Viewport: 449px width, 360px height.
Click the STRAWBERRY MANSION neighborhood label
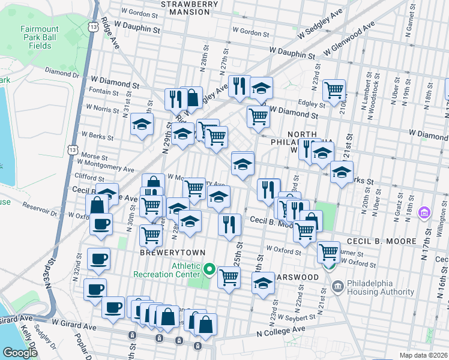[x=189, y=8]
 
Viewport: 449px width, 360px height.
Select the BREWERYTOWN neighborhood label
[x=173, y=253]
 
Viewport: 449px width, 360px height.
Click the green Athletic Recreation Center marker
[x=209, y=269]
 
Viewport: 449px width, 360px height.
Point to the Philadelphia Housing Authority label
[x=376, y=287]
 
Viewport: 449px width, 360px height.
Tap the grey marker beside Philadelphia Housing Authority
[x=337, y=287]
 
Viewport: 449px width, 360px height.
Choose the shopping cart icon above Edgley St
[x=334, y=91]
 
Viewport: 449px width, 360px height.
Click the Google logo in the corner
[x=20, y=353]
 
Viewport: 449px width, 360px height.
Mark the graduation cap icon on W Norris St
[x=142, y=124]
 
